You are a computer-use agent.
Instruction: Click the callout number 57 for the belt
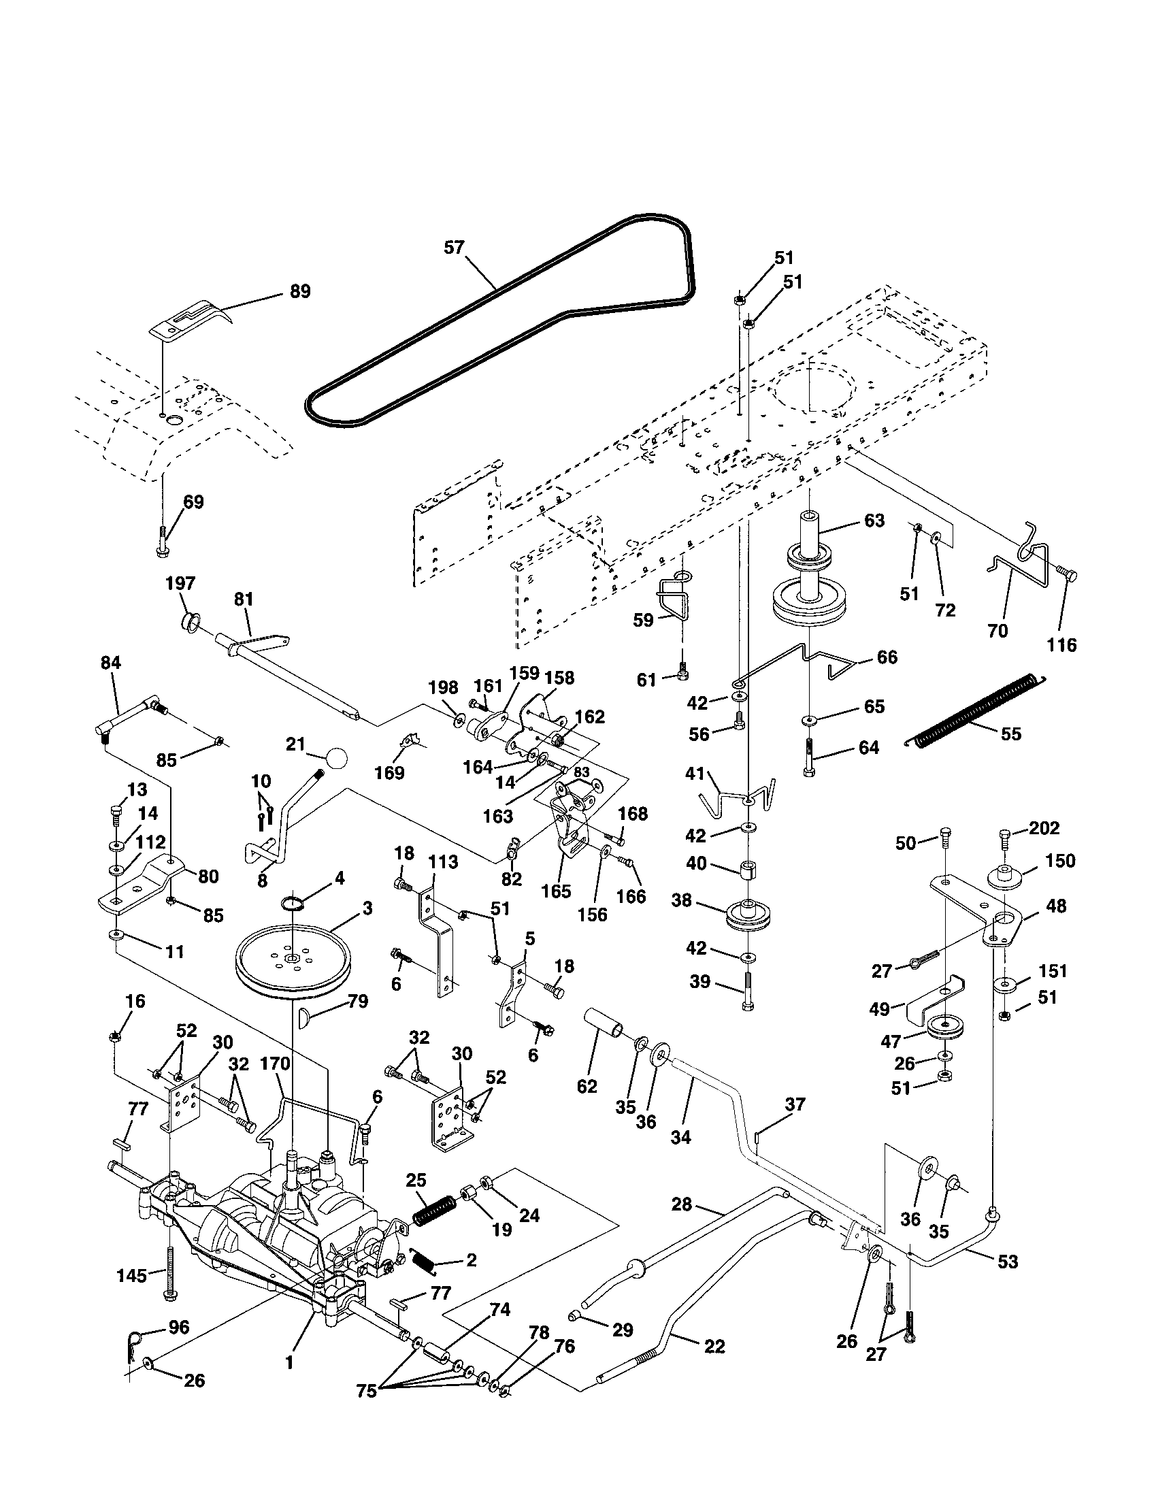[x=454, y=248]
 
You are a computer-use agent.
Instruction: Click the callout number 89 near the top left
[x=299, y=291]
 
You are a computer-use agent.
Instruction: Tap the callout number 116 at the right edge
[x=1061, y=644]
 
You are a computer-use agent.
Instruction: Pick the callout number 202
[x=1044, y=828]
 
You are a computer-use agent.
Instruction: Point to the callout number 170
[x=276, y=1064]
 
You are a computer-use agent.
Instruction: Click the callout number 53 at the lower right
[x=1007, y=1261]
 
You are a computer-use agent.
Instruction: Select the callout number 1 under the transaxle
[x=290, y=1363]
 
